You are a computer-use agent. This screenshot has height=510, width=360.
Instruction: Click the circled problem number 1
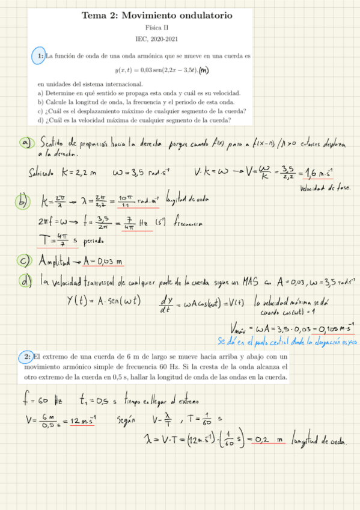click(38, 56)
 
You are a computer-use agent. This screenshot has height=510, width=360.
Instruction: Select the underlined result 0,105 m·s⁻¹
click(334, 328)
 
